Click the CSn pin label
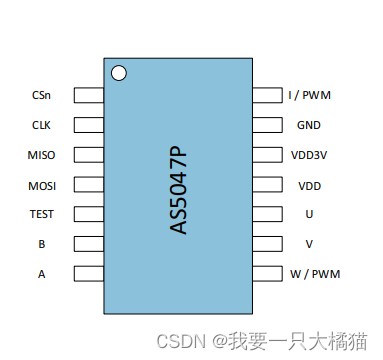click(x=41, y=96)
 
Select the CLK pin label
click(x=41, y=125)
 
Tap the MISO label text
click(x=41, y=155)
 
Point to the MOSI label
click(x=41, y=185)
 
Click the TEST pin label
click(x=41, y=214)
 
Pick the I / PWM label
click(x=309, y=96)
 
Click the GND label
click(x=309, y=125)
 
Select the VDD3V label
click(x=309, y=155)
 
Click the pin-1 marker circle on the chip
click(x=119, y=73)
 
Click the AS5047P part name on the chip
click(x=179, y=189)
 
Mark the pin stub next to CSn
click(x=90, y=96)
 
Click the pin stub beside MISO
click(x=90, y=155)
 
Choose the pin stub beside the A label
click(x=90, y=273)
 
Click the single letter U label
click(x=309, y=214)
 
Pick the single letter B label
click(x=41, y=243)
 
